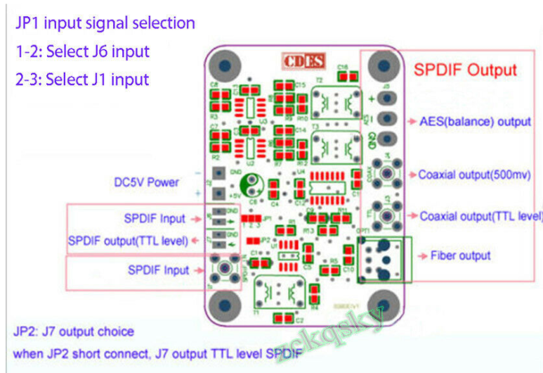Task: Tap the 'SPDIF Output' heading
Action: click(x=465, y=70)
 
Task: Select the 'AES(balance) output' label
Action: click(x=475, y=121)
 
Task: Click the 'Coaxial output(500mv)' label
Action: click(x=474, y=175)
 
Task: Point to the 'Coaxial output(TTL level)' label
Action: click(x=480, y=216)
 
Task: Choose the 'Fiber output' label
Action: click(x=460, y=255)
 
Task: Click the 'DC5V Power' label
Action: click(x=147, y=182)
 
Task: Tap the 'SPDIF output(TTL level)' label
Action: click(x=128, y=241)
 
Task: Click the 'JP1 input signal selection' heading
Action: click(x=105, y=23)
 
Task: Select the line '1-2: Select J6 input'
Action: click(x=82, y=51)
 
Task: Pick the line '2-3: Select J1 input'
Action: click(x=82, y=79)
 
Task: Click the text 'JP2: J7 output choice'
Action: click(x=73, y=331)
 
